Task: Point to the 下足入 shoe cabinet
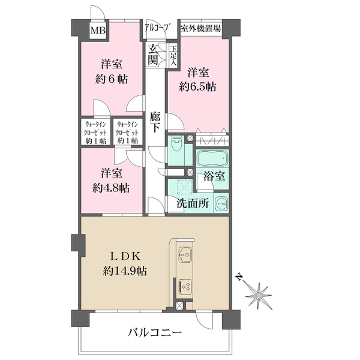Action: (173, 55)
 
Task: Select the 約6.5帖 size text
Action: (198, 86)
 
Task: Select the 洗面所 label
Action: (193, 203)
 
